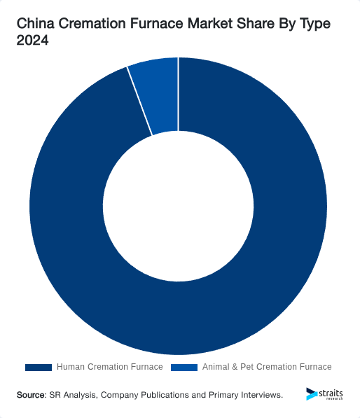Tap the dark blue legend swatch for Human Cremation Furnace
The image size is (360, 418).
click(x=39, y=367)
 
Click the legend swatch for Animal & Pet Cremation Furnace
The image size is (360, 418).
click(x=184, y=367)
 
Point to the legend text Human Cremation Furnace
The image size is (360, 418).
click(x=109, y=367)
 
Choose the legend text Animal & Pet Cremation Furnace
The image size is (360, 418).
click(x=267, y=367)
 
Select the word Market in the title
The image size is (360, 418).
click(x=209, y=25)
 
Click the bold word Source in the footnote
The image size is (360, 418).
click(x=31, y=395)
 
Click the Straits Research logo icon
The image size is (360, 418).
click(x=312, y=394)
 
